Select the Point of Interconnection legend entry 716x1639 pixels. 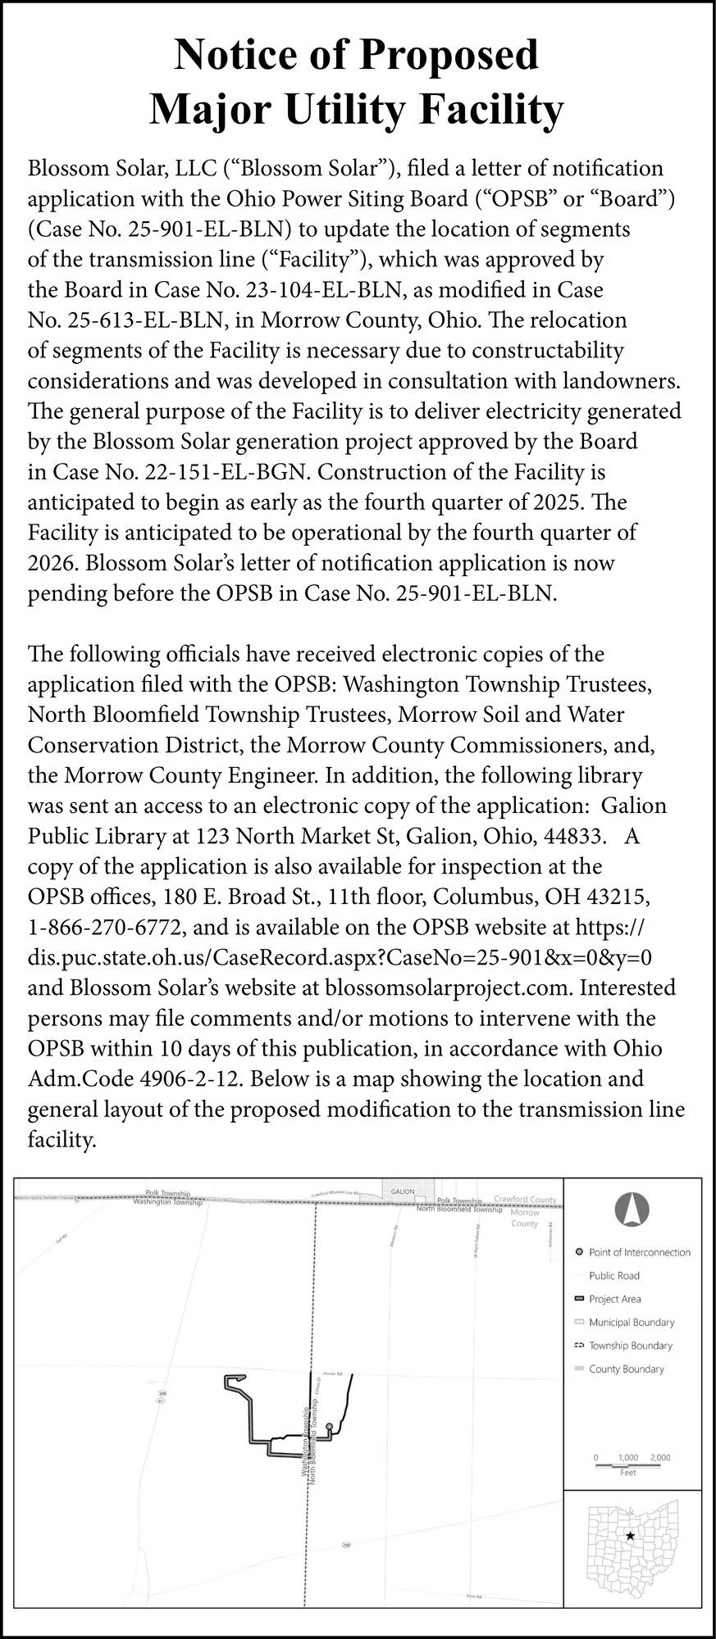pyautogui.click(x=639, y=1252)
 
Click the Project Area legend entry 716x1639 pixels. pyautogui.click(x=614, y=1299)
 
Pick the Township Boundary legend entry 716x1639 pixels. pyautogui.click(x=630, y=1346)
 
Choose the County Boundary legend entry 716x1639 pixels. pyautogui.click(x=626, y=1369)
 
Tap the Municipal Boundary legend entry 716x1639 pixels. pyautogui.click(x=632, y=1322)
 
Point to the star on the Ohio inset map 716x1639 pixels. pyautogui.click(x=629, y=1536)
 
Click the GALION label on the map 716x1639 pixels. pyautogui.click(x=403, y=1191)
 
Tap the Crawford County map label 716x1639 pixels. pyautogui.click(x=525, y=1200)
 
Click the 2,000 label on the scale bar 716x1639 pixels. pyautogui.click(x=659, y=1458)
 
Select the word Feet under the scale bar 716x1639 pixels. pyautogui.click(x=628, y=1473)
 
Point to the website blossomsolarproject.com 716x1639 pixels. pyautogui.click(x=448, y=987)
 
